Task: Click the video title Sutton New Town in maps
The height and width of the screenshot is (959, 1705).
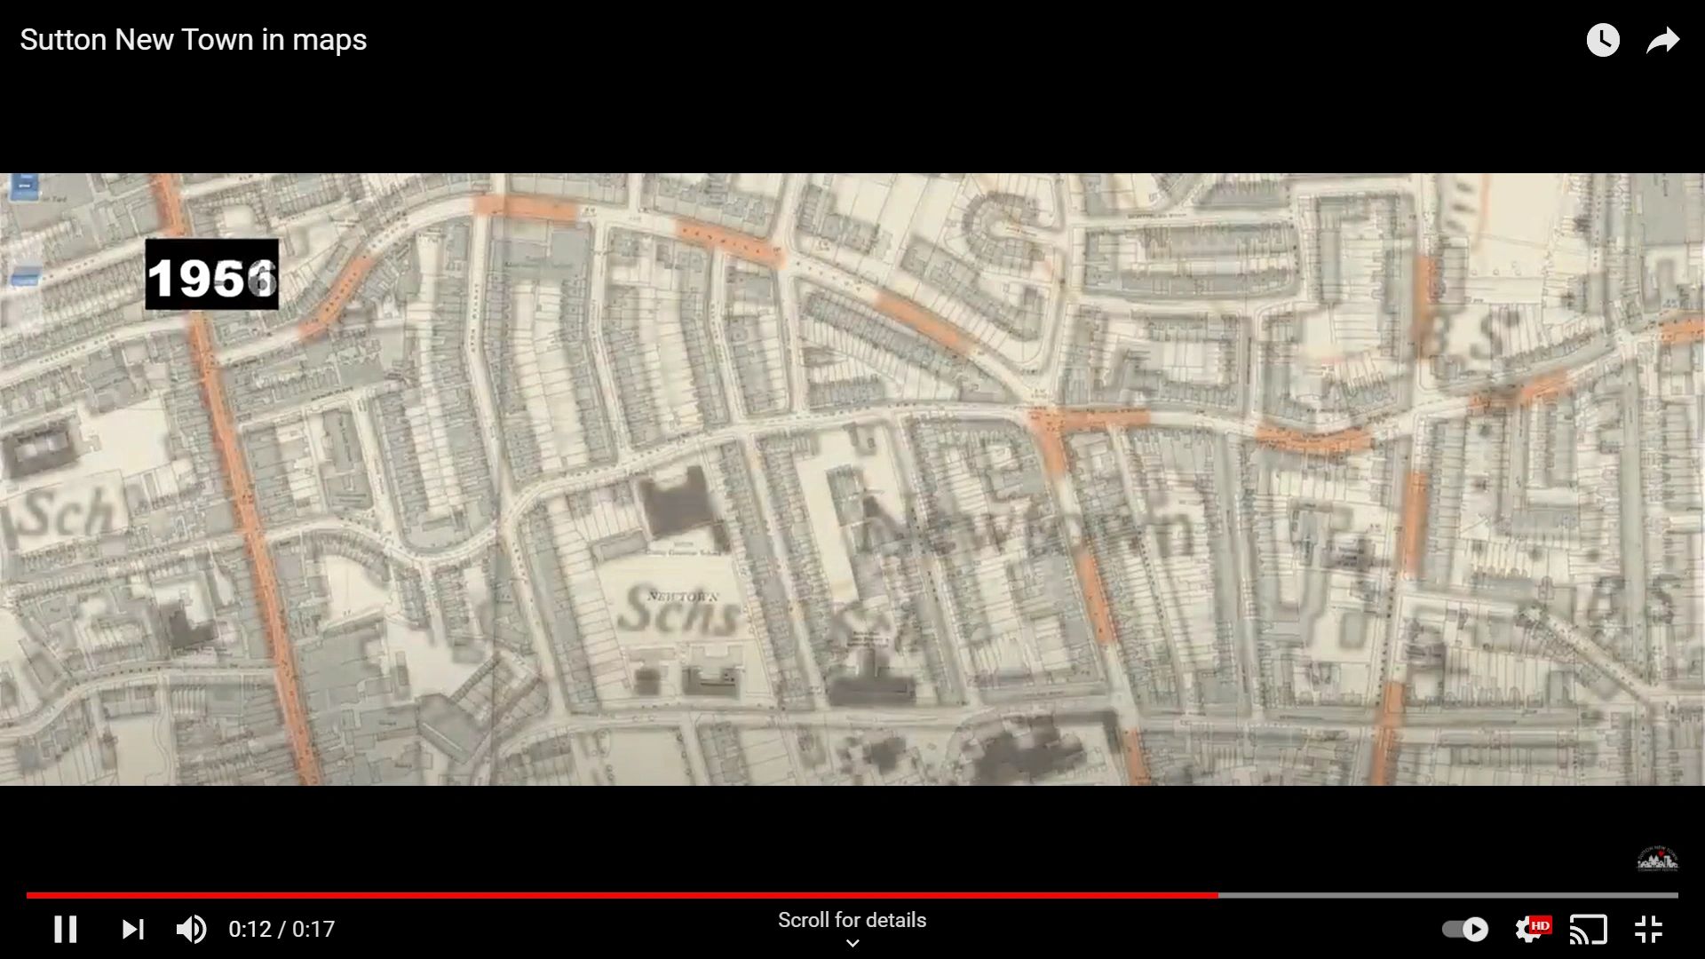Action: [x=193, y=40]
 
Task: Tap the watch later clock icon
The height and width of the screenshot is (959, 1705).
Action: [x=1603, y=40]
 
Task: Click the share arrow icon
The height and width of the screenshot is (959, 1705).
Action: [x=1662, y=40]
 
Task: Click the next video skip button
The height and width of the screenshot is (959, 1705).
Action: [x=132, y=929]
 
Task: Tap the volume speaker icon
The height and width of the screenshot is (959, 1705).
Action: [x=191, y=929]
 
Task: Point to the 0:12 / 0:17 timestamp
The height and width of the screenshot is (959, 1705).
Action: [x=282, y=929]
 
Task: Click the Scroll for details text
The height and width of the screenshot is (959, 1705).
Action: [x=852, y=920]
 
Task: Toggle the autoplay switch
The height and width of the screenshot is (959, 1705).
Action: [x=1464, y=929]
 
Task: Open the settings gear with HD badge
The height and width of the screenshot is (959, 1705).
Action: [x=1529, y=929]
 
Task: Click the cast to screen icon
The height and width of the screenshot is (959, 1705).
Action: [x=1589, y=929]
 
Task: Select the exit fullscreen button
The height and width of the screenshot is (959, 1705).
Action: [x=1648, y=929]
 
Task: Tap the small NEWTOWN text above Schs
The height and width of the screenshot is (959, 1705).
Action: [x=682, y=596]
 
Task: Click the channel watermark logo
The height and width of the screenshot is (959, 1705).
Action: [x=1657, y=859]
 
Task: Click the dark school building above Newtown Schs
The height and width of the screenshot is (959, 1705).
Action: [x=677, y=503]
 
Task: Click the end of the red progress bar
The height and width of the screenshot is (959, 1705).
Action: [x=1217, y=895]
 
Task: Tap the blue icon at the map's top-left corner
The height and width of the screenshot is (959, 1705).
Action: [x=24, y=186]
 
